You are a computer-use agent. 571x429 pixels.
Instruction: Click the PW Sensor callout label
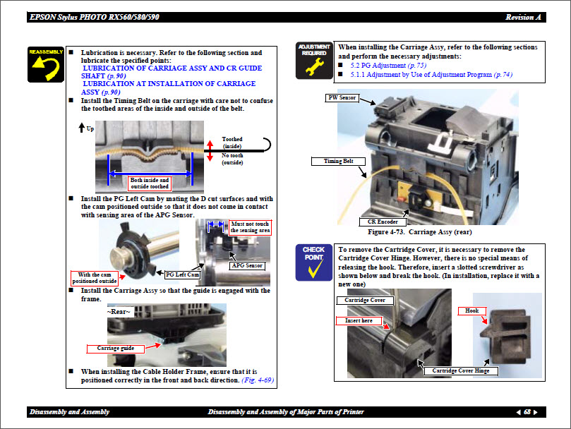(x=342, y=97)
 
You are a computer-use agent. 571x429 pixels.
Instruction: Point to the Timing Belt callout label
(x=338, y=162)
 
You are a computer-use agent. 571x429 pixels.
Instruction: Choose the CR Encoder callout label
(x=383, y=222)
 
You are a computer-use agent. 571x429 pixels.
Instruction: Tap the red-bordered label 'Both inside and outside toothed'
(x=150, y=183)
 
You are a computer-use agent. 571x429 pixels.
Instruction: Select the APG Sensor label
(x=247, y=266)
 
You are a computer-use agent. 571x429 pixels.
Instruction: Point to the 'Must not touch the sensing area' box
(x=250, y=227)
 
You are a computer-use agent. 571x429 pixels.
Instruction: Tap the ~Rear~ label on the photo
(x=120, y=312)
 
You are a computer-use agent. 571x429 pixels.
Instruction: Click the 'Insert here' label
(x=359, y=320)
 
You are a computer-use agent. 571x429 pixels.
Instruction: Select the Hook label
(x=471, y=310)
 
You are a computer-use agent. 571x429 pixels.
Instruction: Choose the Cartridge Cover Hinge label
(x=461, y=370)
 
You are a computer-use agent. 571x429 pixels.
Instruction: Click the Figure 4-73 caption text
(x=419, y=232)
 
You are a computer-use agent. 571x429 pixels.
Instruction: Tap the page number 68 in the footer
(x=527, y=412)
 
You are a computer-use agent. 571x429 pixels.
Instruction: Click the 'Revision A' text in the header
(x=523, y=17)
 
